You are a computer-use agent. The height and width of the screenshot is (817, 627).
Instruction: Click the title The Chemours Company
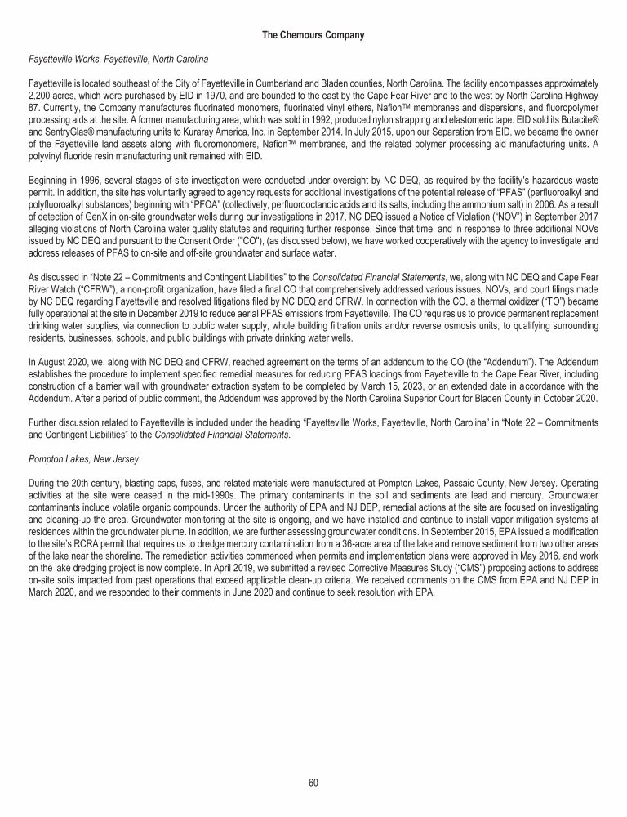(313, 35)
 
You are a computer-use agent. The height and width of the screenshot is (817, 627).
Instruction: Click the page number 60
(313, 782)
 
